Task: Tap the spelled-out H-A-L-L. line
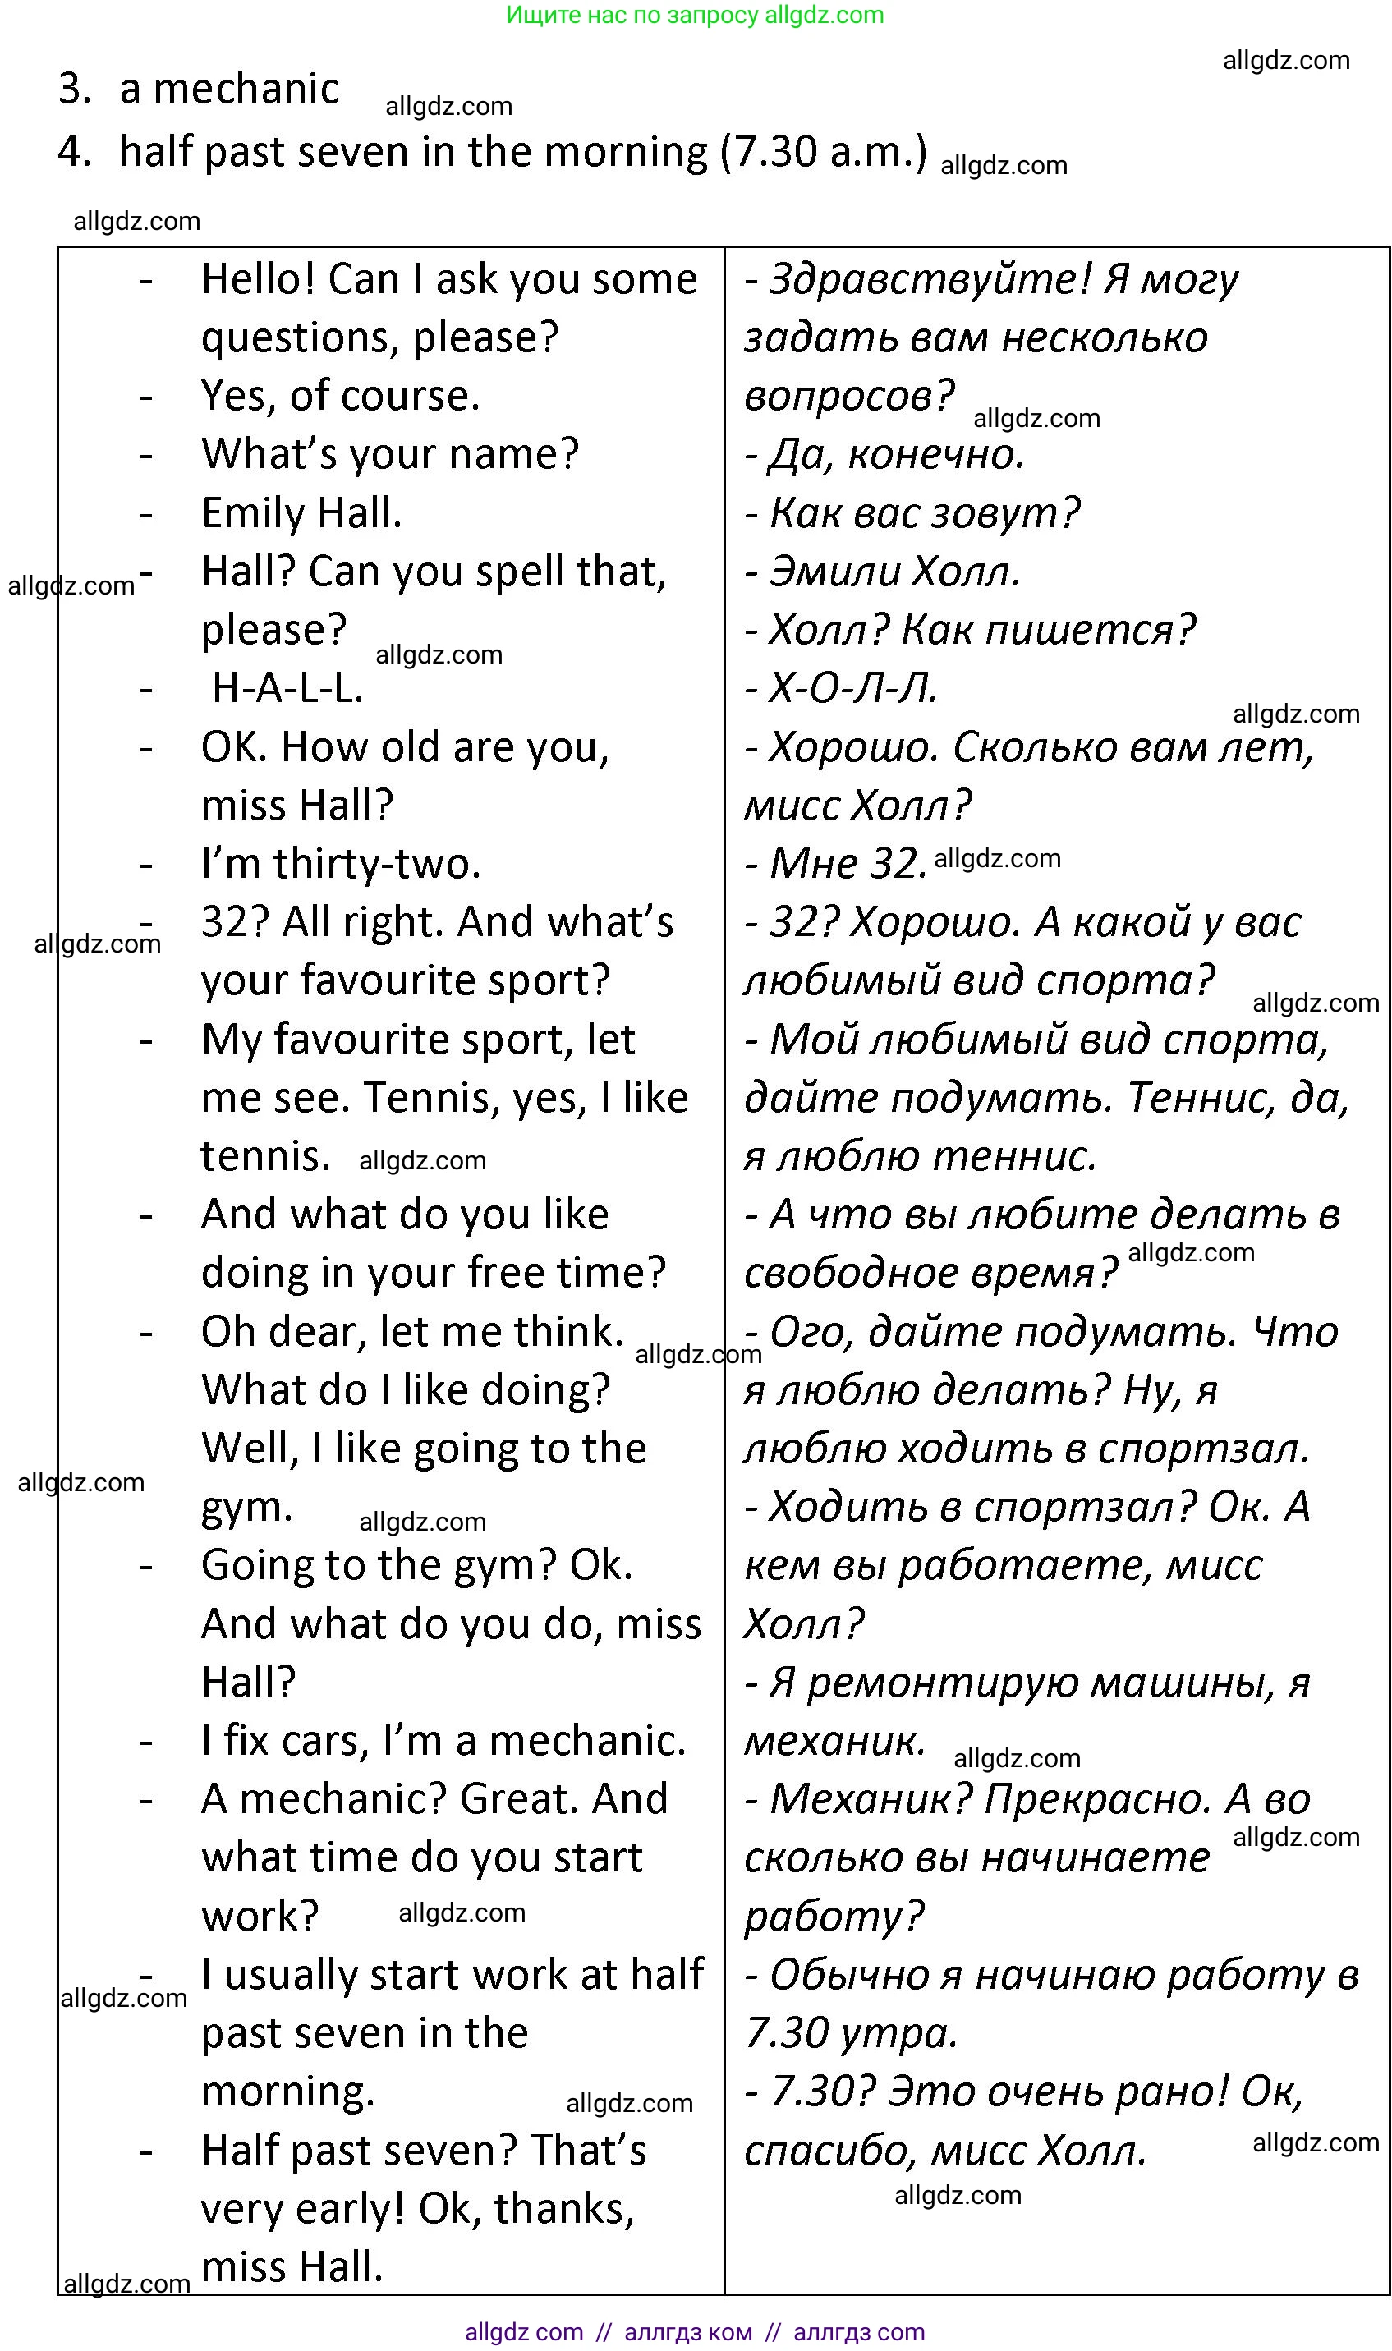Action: (287, 688)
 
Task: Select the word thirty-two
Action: (377, 864)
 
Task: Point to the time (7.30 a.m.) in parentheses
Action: (824, 151)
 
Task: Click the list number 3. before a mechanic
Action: (74, 89)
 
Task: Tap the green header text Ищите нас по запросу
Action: (633, 15)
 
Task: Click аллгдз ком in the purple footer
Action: (687, 2332)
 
